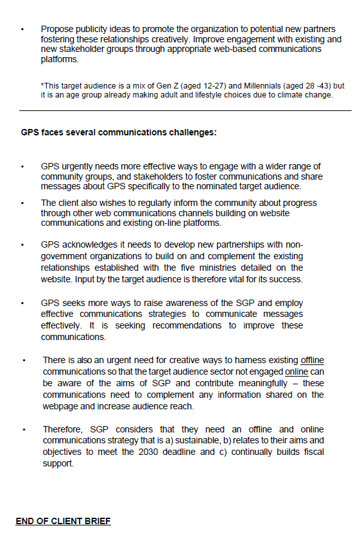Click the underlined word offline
pos(312,361)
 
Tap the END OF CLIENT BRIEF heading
pos(63,520)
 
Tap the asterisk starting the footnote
pos(42,85)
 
